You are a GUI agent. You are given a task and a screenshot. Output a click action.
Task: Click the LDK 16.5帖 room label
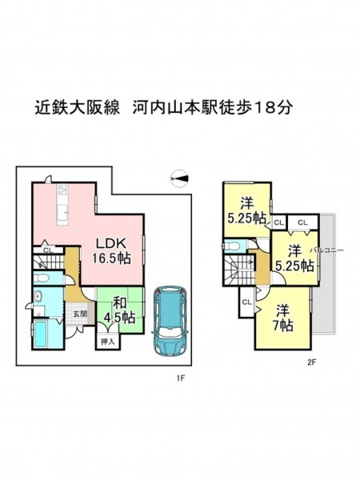click(x=112, y=251)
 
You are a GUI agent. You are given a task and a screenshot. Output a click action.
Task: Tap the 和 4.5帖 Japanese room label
click(x=120, y=310)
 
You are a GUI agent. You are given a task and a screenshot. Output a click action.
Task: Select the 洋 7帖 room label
click(x=283, y=318)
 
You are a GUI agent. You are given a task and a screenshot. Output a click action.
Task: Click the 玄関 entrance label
click(x=79, y=314)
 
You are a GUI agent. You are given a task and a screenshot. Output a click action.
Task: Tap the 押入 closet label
click(x=108, y=342)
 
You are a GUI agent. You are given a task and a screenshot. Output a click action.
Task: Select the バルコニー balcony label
click(x=326, y=250)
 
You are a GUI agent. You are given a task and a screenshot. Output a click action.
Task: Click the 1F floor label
click(x=181, y=378)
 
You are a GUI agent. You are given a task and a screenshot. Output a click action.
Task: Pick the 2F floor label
click(x=311, y=362)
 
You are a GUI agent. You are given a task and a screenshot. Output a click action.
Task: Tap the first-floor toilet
click(x=41, y=278)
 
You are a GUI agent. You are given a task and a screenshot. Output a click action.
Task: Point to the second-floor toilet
click(x=232, y=246)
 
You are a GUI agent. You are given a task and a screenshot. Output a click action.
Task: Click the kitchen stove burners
click(x=62, y=190)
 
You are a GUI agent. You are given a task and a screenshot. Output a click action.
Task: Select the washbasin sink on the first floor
click(x=38, y=296)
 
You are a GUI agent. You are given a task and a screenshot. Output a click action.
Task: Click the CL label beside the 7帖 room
click(x=246, y=302)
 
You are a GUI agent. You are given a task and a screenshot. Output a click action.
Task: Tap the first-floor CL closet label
click(x=48, y=250)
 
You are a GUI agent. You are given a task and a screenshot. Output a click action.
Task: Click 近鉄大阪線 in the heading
click(x=77, y=107)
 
